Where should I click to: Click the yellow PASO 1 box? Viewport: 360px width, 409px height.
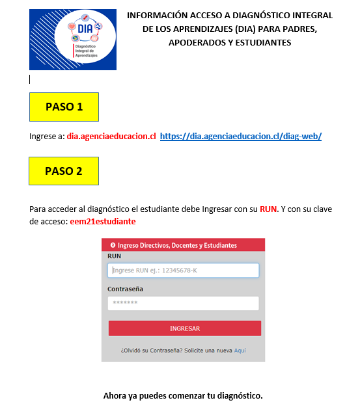(64, 107)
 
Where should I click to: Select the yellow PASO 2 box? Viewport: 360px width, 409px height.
(64, 172)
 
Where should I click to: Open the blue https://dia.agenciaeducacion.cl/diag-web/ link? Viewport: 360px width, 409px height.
(241, 137)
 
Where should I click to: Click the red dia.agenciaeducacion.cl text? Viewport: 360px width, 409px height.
(111, 137)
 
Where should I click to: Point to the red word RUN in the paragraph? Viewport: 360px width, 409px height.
(269, 209)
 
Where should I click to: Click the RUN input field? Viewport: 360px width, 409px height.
(184, 270)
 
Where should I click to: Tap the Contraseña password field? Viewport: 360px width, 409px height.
(184, 304)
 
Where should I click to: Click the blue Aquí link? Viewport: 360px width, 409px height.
(240, 350)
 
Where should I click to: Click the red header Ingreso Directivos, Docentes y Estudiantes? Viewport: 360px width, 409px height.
(177, 245)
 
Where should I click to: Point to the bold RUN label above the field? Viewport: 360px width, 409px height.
(114, 256)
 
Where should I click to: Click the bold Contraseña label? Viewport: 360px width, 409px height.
(125, 289)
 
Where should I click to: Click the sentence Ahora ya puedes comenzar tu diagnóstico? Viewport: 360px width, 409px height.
(182, 395)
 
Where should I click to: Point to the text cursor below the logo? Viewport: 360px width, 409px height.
(30, 79)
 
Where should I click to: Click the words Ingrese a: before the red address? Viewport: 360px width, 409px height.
(46, 137)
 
